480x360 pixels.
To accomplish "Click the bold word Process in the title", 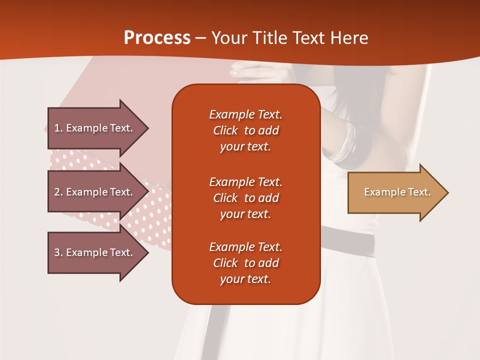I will coord(157,38).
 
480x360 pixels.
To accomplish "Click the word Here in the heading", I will coord(349,38).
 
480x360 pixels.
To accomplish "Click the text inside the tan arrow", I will coord(397,192).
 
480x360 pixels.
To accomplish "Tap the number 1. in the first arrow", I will coord(58,128).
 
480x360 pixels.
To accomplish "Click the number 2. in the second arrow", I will coord(58,192).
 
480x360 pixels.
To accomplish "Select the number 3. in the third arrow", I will coord(58,252).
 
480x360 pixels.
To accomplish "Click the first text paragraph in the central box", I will coord(245,130).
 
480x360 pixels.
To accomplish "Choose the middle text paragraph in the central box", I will coord(245,198).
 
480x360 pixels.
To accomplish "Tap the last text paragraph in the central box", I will coord(245,263).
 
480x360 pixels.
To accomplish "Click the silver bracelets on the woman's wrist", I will coord(345,142).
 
